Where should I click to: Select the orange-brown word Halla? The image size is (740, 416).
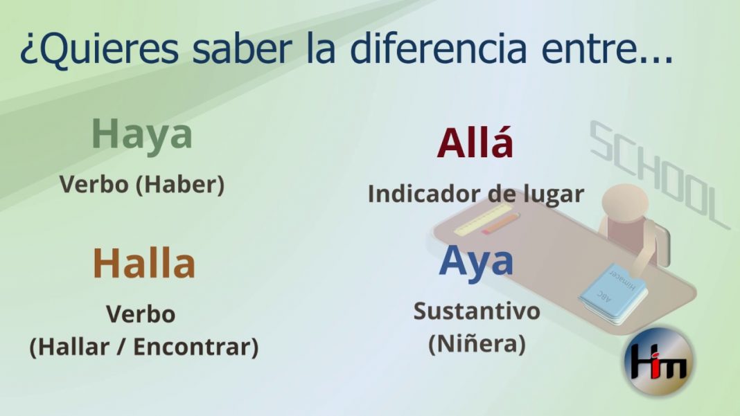click(144, 263)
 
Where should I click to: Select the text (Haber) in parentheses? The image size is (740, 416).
click(180, 184)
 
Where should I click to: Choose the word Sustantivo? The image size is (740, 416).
click(477, 311)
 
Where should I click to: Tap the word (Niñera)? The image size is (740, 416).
click(477, 343)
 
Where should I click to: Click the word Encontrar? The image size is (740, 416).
click(196, 347)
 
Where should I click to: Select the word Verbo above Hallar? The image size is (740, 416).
click(141, 314)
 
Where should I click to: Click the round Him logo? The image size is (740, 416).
click(659, 361)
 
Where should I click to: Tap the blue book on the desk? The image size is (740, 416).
click(613, 294)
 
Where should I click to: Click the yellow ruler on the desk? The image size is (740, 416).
click(483, 220)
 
